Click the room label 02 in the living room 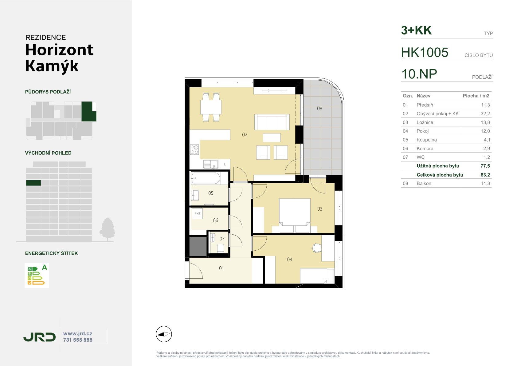(x=245, y=134)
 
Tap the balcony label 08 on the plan (x=319, y=109)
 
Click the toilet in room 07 (x=221, y=248)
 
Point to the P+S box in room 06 (x=197, y=213)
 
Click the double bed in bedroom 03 (x=295, y=215)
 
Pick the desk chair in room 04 (x=316, y=248)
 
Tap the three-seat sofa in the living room (x=272, y=122)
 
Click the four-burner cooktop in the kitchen (x=194, y=149)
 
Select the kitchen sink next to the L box (x=211, y=164)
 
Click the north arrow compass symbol (x=164, y=334)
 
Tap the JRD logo (x=39, y=337)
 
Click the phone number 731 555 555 (x=78, y=340)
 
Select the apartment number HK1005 (x=425, y=52)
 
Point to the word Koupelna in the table (x=426, y=140)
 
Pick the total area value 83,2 (x=485, y=175)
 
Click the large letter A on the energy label (x=45, y=268)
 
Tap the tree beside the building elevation (x=107, y=229)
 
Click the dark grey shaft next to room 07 (x=198, y=246)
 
